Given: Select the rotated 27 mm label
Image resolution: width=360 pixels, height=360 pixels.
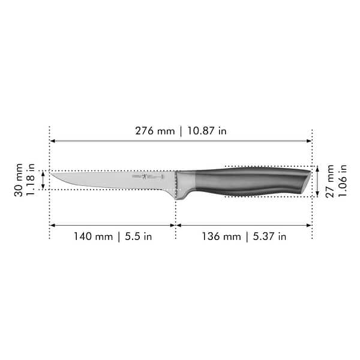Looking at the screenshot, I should click(330, 181).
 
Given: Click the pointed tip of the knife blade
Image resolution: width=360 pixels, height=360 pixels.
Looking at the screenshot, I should click(52, 175).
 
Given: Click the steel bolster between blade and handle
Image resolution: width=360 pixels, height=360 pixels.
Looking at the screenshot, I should click(184, 183).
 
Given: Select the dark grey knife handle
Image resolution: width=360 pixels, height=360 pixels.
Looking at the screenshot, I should click(252, 180).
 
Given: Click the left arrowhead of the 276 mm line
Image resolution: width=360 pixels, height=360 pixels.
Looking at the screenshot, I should click(52, 141).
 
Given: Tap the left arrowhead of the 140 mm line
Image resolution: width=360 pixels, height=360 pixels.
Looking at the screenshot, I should click(52, 226).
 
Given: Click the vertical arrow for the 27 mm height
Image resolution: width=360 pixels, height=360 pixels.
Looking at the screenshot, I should click(317, 181).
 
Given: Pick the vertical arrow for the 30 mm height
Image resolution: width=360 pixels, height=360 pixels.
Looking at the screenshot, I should click(43, 180).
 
